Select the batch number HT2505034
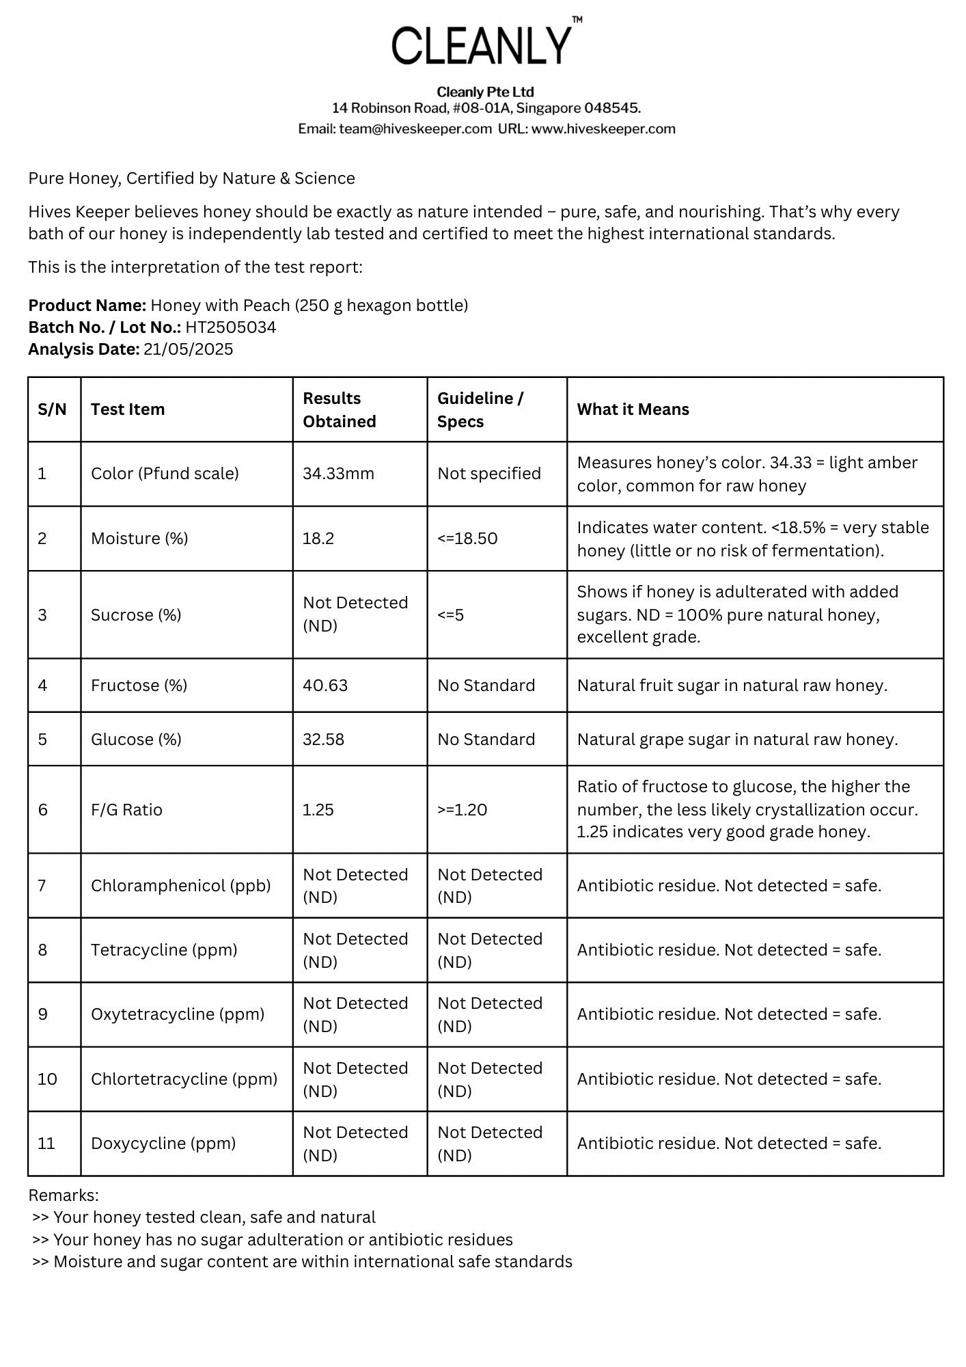click(230, 327)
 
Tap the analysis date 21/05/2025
click(188, 349)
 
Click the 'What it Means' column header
click(633, 409)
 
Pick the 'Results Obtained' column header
click(340, 409)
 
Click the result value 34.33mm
click(338, 474)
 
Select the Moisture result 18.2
click(318, 539)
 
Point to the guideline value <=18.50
click(467, 539)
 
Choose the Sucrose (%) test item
click(136, 615)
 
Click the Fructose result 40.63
click(325, 686)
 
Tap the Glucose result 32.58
click(323, 740)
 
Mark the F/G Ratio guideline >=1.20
click(462, 810)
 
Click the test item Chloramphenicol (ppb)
click(180, 886)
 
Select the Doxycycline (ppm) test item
click(163, 1143)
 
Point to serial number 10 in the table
click(47, 1079)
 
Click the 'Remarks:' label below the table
click(64, 1195)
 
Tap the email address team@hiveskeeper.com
click(415, 129)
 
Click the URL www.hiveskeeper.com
click(603, 129)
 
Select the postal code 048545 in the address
click(611, 108)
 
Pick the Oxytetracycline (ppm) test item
click(178, 1014)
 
